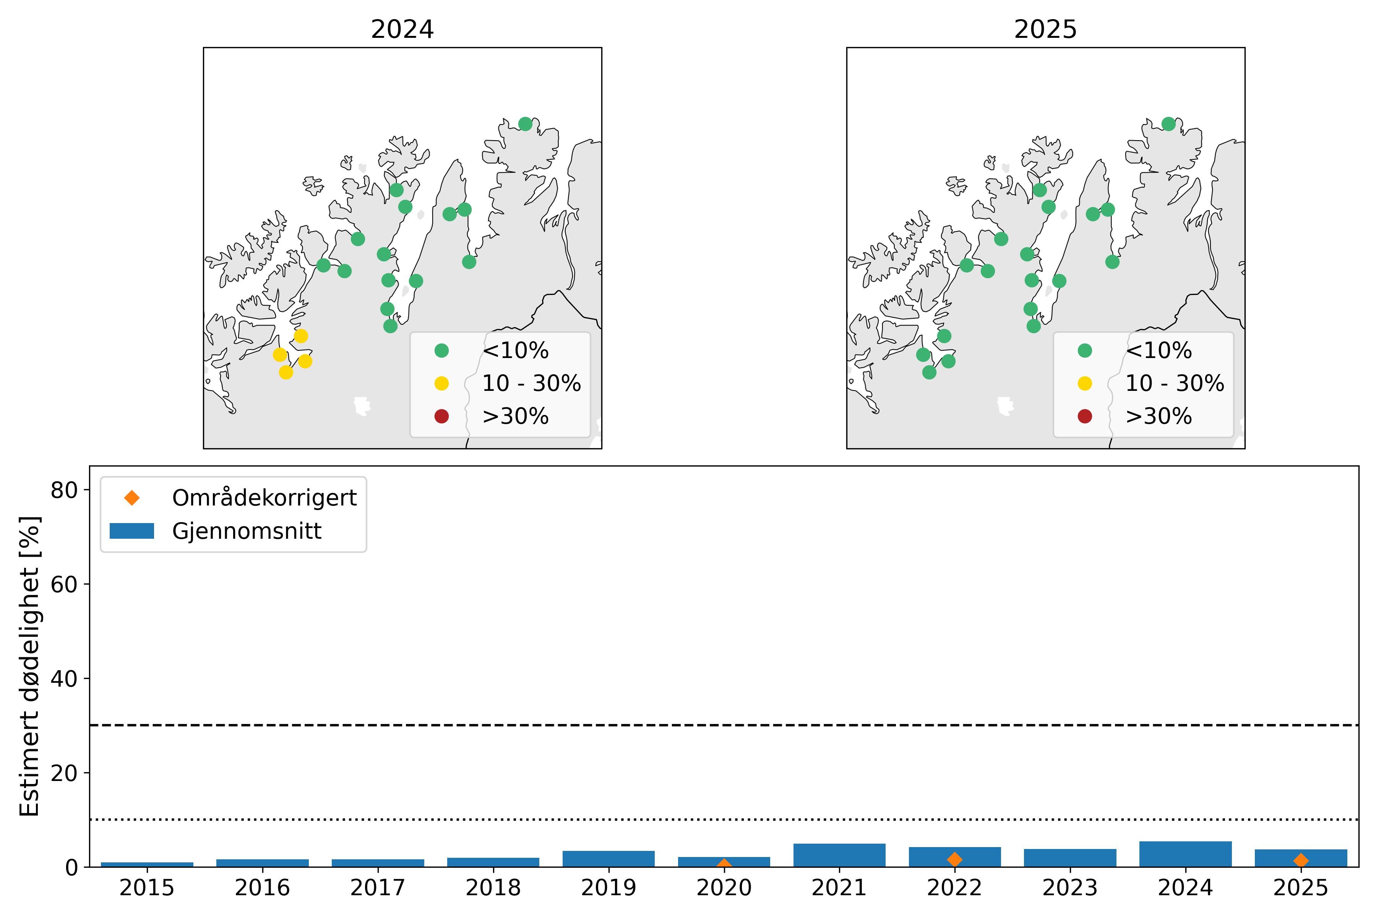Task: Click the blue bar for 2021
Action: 839,855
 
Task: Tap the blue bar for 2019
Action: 608,859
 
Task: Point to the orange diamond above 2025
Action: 1301,860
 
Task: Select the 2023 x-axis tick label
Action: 1069,888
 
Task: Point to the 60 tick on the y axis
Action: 64,584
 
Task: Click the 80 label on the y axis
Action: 64,490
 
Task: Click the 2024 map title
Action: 402,29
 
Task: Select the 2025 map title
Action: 1045,29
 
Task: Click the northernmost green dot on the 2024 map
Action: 525,124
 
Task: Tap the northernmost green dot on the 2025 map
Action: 1168,124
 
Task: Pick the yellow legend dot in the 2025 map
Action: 1085,383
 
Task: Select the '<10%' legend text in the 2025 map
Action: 1159,350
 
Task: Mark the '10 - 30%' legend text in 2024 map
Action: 531,383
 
